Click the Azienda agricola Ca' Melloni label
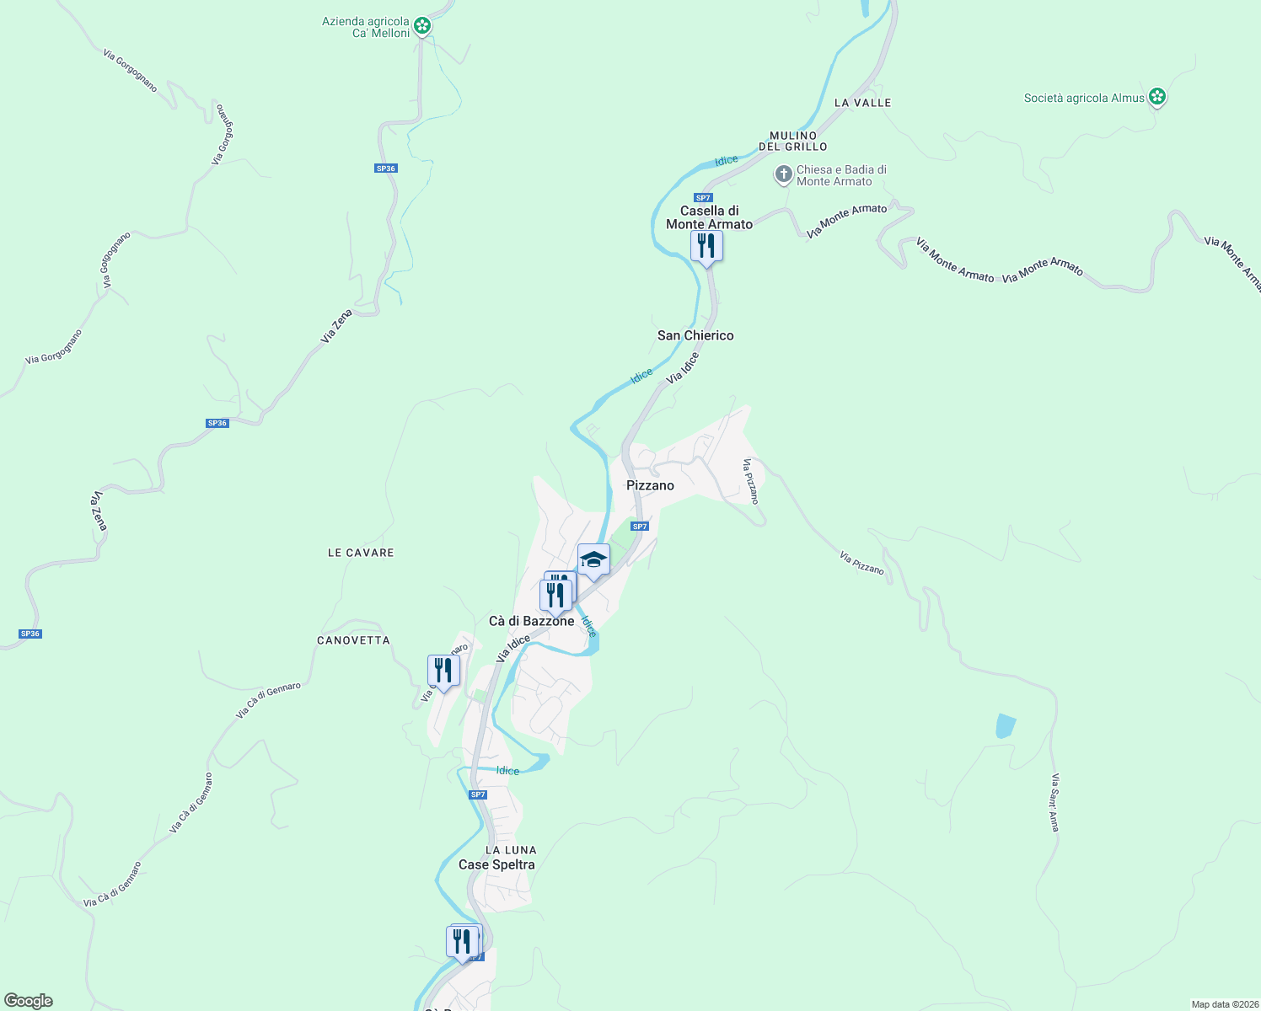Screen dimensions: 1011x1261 tap(366, 27)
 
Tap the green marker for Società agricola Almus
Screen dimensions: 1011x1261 tap(1157, 98)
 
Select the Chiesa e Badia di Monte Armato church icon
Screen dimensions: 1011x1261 tap(783, 175)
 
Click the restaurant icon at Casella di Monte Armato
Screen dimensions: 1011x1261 tap(706, 246)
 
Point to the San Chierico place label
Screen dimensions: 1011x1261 tap(695, 335)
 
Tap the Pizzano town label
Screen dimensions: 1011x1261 tap(650, 485)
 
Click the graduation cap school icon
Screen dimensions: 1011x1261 tap(593, 559)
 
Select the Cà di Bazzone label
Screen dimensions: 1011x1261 tap(531, 621)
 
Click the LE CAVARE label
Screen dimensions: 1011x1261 tap(361, 553)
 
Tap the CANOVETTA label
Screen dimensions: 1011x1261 tap(353, 640)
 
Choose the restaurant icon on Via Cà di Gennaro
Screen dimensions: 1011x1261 tap(443, 671)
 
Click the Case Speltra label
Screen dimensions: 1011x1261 tap(496, 864)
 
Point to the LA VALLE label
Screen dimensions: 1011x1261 tap(862, 103)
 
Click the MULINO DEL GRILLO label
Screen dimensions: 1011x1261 tap(793, 141)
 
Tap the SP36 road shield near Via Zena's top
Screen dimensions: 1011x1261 tap(385, 168)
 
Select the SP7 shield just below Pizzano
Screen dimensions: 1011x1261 tap(640, 527)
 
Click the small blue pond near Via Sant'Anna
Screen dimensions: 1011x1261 tap(1006, 725)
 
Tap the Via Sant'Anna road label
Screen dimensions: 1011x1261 tap(1054, 802)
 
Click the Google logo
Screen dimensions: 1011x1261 tap(28, 1001)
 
